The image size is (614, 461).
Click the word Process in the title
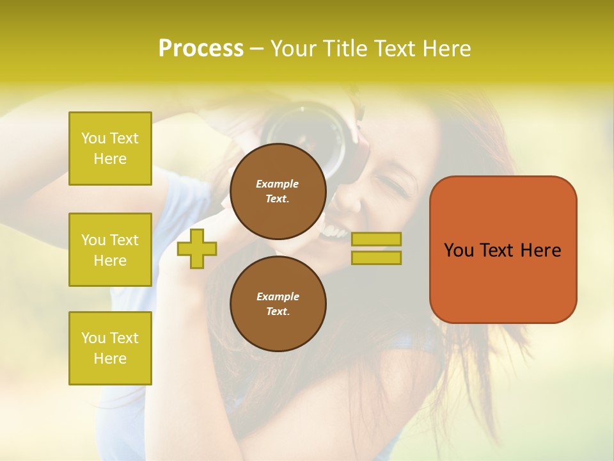point(201,49)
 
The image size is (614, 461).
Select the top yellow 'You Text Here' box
point(110,149)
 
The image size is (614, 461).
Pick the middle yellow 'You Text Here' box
point(110,250)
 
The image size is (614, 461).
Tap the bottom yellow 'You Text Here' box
point(110,348)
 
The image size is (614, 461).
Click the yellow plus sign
point(197,248)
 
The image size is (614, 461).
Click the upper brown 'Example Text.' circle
point(278,191)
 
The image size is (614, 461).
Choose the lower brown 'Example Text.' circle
point(278,303)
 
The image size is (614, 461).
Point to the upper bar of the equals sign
point(376,239)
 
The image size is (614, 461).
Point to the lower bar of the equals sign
point(376,257)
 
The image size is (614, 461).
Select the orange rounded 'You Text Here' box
point(503,250)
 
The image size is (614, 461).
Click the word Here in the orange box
point(540,250)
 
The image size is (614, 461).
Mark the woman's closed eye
point(391,189)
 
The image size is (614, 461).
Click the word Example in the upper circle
point(278,184)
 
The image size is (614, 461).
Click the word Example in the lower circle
point(278,296)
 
